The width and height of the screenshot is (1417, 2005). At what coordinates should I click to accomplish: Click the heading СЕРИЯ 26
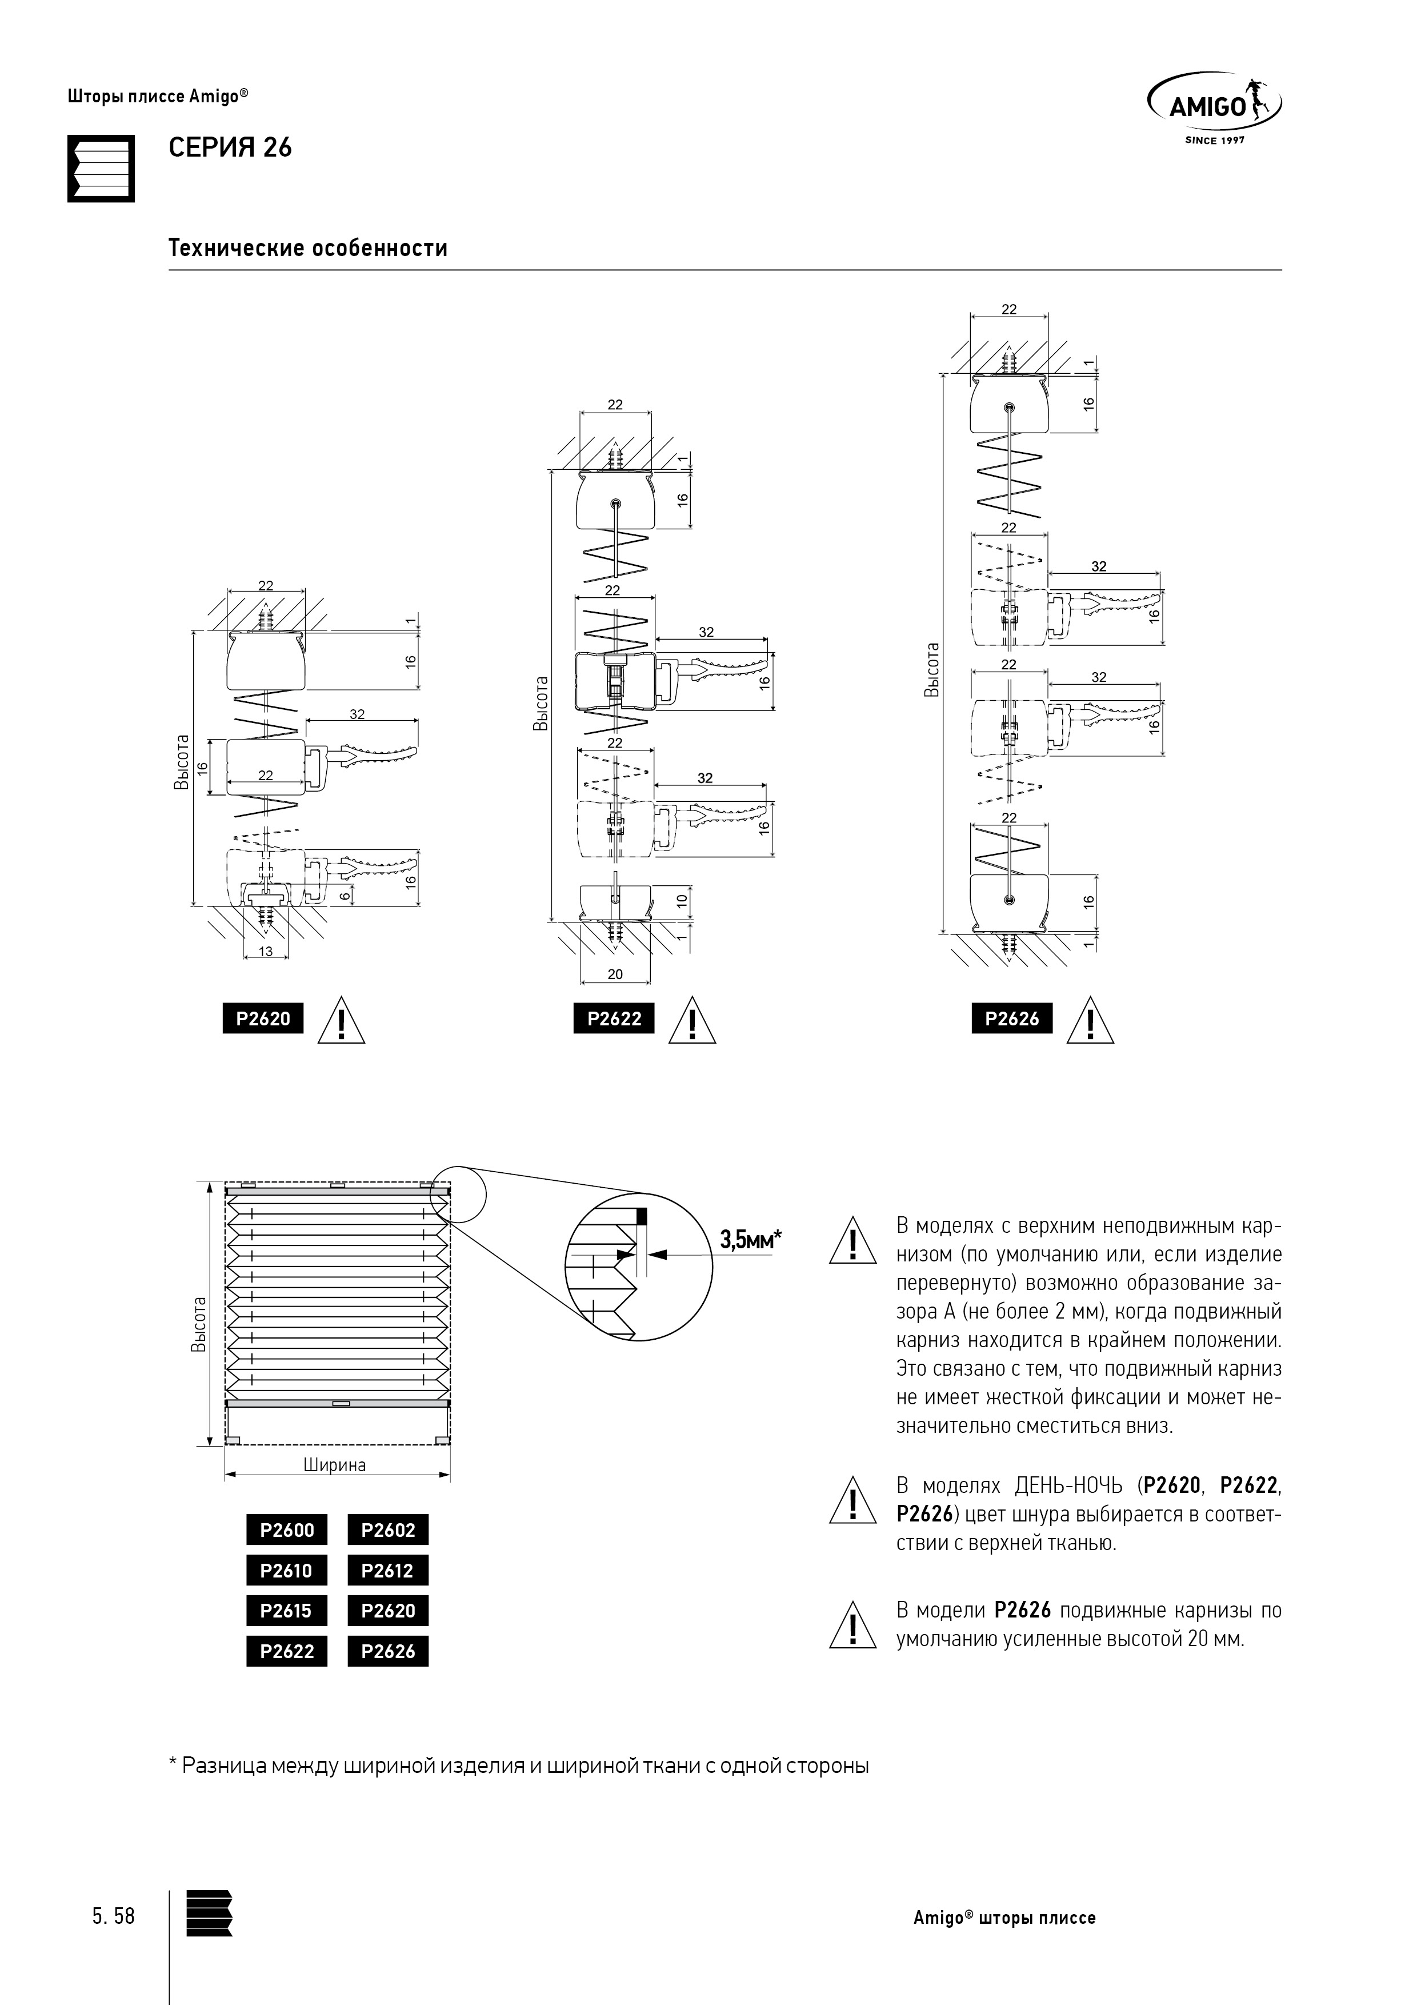tap(230, 149)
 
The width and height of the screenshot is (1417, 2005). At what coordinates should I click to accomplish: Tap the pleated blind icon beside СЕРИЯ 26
tap(101, 169)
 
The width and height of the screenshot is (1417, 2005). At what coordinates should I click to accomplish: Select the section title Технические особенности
tap(308, 248)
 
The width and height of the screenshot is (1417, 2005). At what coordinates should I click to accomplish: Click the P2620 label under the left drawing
tap(263, 1019)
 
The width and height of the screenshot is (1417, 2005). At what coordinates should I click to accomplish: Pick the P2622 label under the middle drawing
tap(614, 1019)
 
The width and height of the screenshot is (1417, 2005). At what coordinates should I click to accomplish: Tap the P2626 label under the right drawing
tap(1012, 1019)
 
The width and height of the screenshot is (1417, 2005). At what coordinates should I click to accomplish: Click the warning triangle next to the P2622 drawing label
tap(693, 1021)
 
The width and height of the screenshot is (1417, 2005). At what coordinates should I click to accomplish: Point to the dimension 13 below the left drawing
tap(266, 952)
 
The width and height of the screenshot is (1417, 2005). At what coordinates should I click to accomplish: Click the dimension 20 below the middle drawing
tap(615, 974)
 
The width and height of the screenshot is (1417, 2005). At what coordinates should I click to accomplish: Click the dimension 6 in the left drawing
tap(345, 894)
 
